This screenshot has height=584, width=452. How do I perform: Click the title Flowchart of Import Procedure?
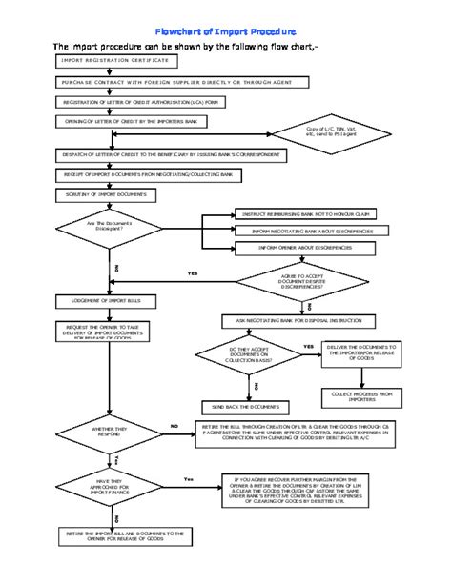[225, 31]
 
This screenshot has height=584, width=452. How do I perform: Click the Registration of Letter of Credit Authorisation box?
[140, 102]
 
